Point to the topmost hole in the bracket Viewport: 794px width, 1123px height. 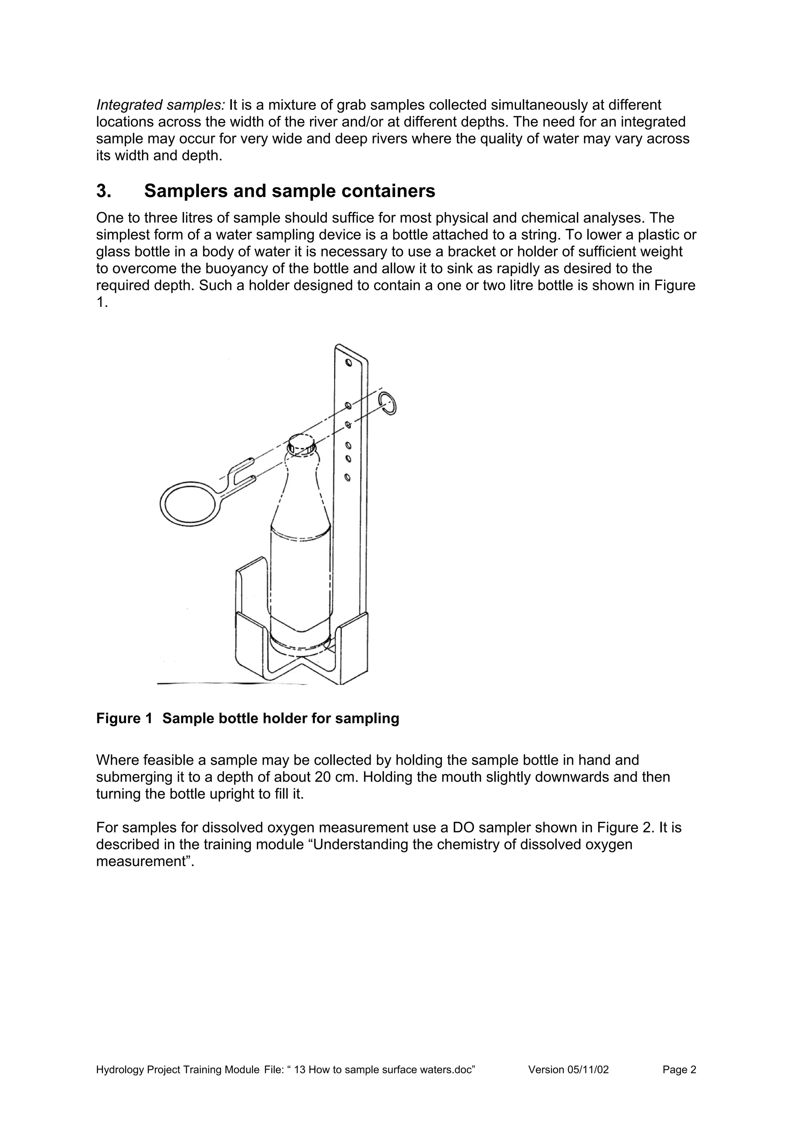(x=348, y=363)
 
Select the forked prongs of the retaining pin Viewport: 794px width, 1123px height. (x=242, y=472)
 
